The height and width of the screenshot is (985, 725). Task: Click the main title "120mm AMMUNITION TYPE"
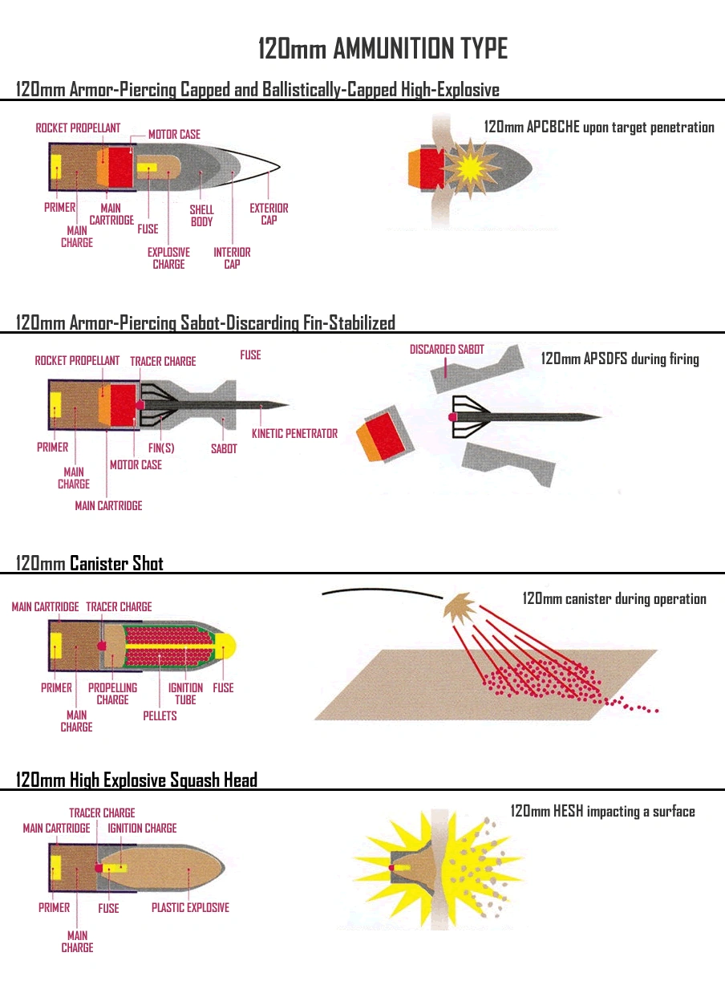point(383,49)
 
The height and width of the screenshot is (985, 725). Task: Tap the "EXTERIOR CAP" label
point(269,214)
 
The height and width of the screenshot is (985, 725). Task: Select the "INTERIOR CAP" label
point(232,257)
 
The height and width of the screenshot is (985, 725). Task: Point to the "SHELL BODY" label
point(201,216)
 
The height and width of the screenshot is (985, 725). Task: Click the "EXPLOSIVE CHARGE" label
point(168,257)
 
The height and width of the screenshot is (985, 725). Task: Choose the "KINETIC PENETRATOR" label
point(294,434)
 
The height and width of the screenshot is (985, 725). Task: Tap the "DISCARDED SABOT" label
point(447,350)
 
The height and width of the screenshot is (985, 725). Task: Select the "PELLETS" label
point(160,715)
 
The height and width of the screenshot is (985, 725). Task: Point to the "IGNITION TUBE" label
point(185,694)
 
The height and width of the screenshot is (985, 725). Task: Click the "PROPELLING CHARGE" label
point(112,694)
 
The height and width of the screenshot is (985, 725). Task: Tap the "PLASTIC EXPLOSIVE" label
point(190,908)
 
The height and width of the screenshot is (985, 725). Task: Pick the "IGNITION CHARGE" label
point(142,828)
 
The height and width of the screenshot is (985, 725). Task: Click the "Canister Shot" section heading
point(116,563)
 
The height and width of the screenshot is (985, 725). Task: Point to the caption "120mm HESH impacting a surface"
point(603,812)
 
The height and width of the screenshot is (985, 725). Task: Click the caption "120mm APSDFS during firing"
point(620,359)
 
